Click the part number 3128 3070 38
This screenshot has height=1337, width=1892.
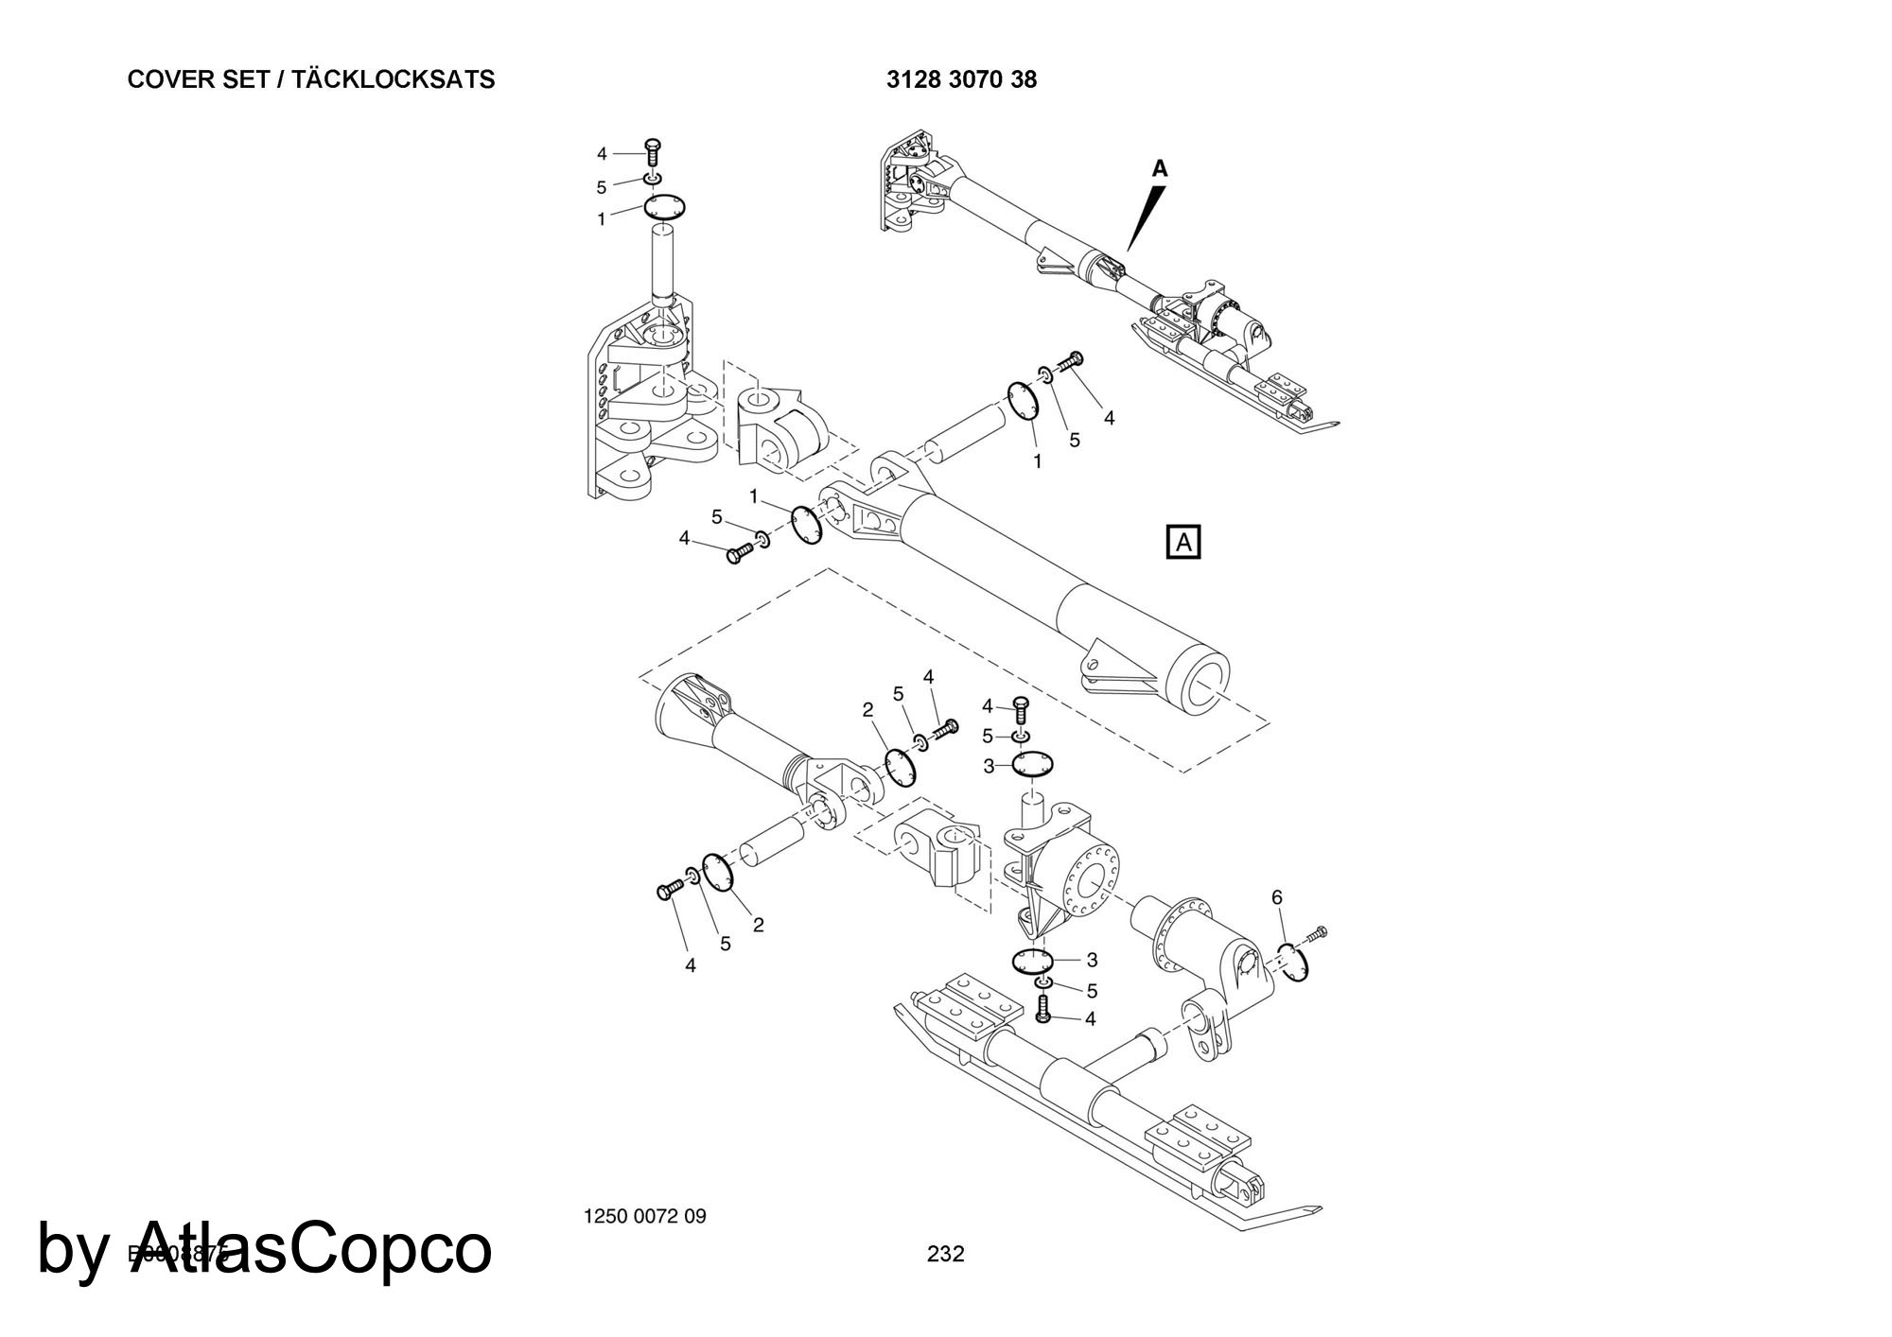tap(961, 80)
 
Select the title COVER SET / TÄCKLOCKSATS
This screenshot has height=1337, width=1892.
tap(310, 79)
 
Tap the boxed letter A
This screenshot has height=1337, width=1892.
tap(1183, 542)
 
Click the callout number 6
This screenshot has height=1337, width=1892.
tap(1276, 897)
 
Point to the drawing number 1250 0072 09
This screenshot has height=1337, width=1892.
tap(645, 1216)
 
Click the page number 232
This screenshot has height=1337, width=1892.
tap(945, 1254)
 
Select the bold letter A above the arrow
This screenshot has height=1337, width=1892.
tap(1160, 169)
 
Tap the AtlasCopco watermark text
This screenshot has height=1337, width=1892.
tap(265, 1248)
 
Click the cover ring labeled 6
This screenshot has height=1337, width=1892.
tap(1293, 962)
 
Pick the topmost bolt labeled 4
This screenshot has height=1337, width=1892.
tap(652, 150)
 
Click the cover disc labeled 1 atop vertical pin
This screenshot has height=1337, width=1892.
tap(665, 207)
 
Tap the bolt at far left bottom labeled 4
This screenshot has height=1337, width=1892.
tap(670, 889)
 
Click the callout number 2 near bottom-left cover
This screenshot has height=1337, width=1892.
tap(758, 925)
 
